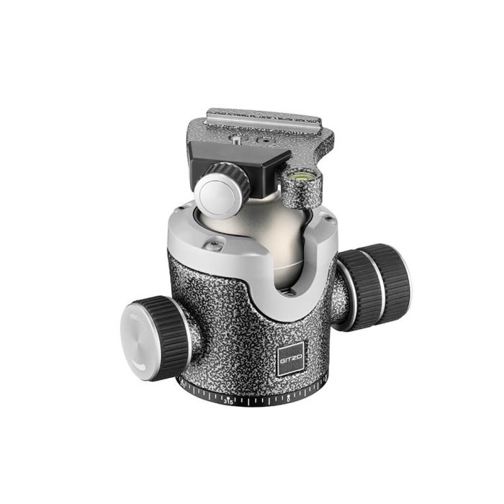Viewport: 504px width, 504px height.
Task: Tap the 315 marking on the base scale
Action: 229,401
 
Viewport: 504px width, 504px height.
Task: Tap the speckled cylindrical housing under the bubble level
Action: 296,193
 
